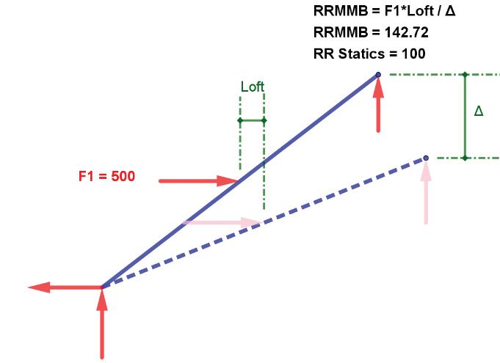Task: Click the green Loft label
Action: coord(252,87)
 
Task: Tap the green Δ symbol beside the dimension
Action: coord(479,111)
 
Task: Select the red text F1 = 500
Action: coord(106,177)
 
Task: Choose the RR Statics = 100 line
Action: coord(369,54)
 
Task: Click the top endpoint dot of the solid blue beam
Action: coord(378,75)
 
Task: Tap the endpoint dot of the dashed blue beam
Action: coord(426,158)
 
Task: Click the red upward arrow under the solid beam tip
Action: coord(378,106)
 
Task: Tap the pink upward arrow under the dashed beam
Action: coord(426,194)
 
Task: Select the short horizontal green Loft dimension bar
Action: coord(252,120)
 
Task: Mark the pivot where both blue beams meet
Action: coord(102,286)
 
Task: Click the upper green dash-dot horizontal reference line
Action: coord(441,75)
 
